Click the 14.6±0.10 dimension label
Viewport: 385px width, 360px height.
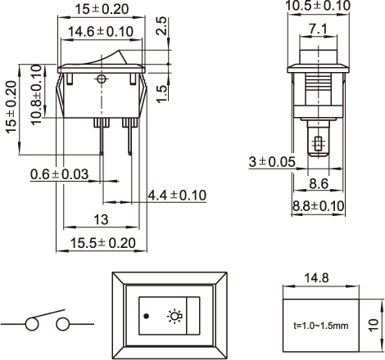click(101, 32)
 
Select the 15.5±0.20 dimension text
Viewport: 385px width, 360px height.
click(102, 243)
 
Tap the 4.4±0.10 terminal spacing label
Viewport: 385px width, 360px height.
click(177, 196)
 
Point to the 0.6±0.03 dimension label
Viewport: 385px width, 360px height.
click(59, 174)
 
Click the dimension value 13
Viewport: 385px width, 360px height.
click(101, 219)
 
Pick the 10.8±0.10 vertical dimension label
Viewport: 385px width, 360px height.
click(36, 95)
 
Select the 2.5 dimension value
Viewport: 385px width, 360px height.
click(161, 26)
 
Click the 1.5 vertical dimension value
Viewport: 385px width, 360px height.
click(162, 94)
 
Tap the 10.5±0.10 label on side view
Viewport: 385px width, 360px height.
click(318, 6)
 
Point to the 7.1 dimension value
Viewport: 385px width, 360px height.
click(318, 29)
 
